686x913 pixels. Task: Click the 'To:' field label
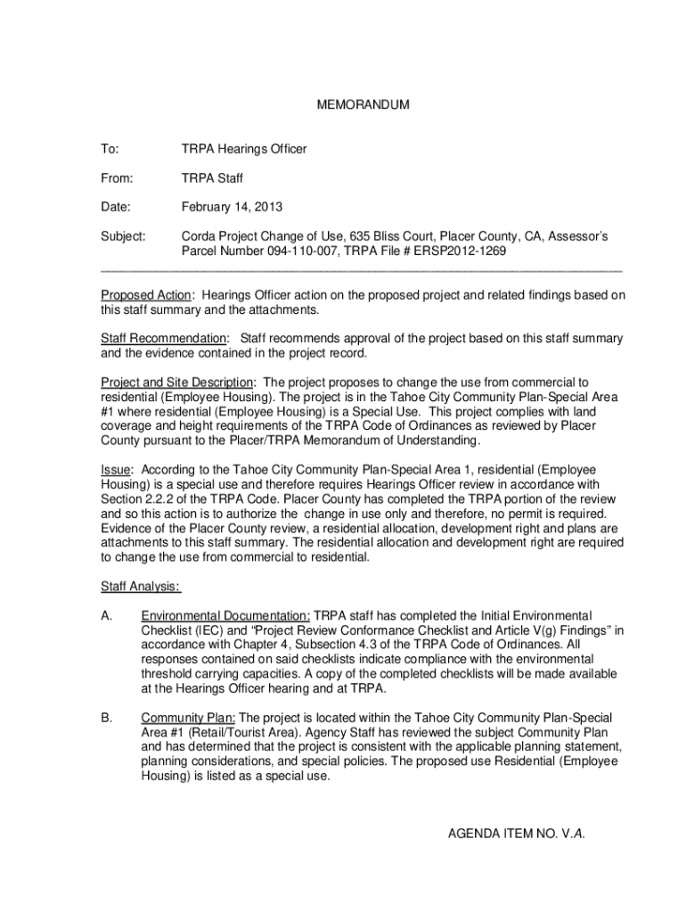tap(110, 149)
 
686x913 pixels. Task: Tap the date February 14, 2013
tap(232, 208)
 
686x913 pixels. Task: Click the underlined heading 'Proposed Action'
tap(145, 295)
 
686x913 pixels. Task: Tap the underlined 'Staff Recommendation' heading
tap(163, 339)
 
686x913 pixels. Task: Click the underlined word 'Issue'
tap(115, 470)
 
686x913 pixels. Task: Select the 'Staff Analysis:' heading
tap(140, 586)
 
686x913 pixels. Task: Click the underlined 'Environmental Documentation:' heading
tap(225, 615)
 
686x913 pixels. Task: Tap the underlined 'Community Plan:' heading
tap(188, 718)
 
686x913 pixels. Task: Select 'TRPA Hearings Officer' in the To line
tap(244, 149)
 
